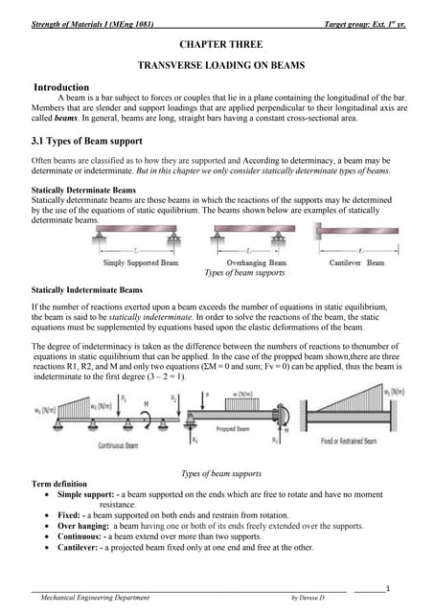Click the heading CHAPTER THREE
[x=217, y=45]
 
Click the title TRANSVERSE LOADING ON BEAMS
[x=217, y=66]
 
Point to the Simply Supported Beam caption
[x=146, y=262]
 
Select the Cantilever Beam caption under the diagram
[x=356, y=262]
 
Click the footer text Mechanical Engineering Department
[x=95, y=598]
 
